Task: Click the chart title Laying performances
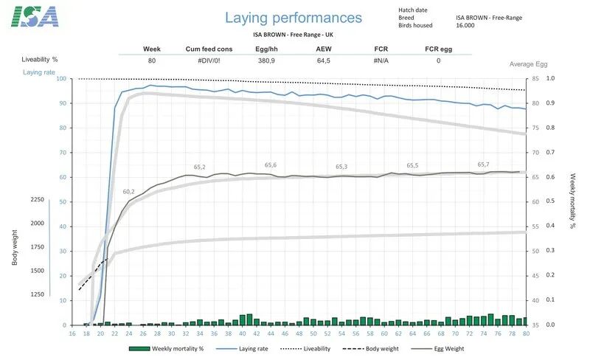tap(294, 18)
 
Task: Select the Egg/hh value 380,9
tap(266, 60)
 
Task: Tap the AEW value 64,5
tap(323, 60)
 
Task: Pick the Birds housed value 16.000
tap(465, 25)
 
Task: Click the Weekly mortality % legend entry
tap(177, 348)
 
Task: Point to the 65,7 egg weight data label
tap(484, 165)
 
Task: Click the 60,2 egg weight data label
tap(128, 192)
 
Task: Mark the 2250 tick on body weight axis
tap(37, 200)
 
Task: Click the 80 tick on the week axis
tap(525, 333)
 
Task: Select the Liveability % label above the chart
tap(40, 58)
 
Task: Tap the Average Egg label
tap(528, 64)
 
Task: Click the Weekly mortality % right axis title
tap(572, 201)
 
